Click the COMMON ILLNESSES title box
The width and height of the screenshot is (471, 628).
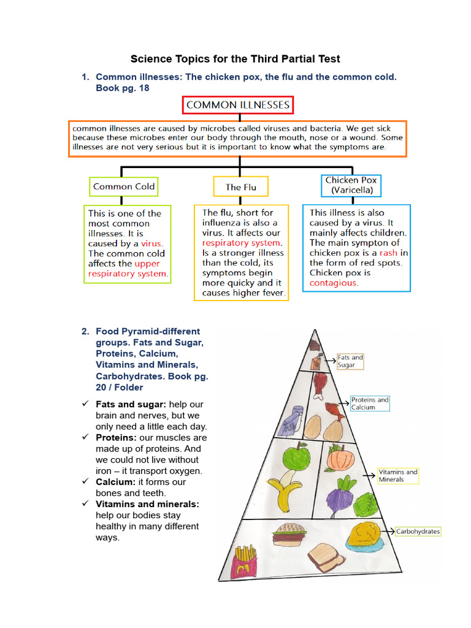tap(238, 105)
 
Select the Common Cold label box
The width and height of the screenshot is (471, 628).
tap(124, 186)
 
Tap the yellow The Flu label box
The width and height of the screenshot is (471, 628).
tap(241, 187)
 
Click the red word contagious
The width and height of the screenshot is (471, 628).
tap(334, 283)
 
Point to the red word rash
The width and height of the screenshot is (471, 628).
tap(388, 253)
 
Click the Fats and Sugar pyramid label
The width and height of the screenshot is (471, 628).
tap(350, 361)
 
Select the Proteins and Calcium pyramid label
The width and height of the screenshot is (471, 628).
tap(370, 403)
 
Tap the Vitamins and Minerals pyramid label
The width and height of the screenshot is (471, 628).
tap(397, 475)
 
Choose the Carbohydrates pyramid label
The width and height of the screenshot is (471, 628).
tap(418, 531)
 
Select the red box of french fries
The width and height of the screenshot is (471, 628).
tap(244, 563)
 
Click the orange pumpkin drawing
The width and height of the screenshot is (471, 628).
tap(339, 458)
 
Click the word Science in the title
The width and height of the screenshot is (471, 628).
tap(148, 59)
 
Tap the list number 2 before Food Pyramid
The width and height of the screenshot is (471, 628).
tap(86, 332)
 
